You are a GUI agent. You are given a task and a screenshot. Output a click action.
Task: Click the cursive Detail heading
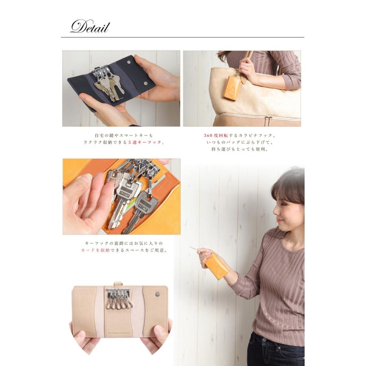90,27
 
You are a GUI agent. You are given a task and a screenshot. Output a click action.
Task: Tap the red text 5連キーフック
145,142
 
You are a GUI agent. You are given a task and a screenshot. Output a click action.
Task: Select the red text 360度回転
216,135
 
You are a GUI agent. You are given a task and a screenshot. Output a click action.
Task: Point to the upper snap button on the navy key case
129,62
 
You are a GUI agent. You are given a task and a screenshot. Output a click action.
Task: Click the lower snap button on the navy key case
146,83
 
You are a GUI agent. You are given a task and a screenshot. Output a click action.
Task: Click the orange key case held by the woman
217,266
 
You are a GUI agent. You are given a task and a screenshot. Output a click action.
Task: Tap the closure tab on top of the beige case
118,284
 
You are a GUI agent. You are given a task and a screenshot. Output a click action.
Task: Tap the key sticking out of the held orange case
195,249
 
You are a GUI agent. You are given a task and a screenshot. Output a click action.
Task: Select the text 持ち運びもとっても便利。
240,149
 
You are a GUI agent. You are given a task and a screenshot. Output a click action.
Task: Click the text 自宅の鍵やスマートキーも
123,135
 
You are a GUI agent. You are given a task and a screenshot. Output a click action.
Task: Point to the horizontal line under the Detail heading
183,37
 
